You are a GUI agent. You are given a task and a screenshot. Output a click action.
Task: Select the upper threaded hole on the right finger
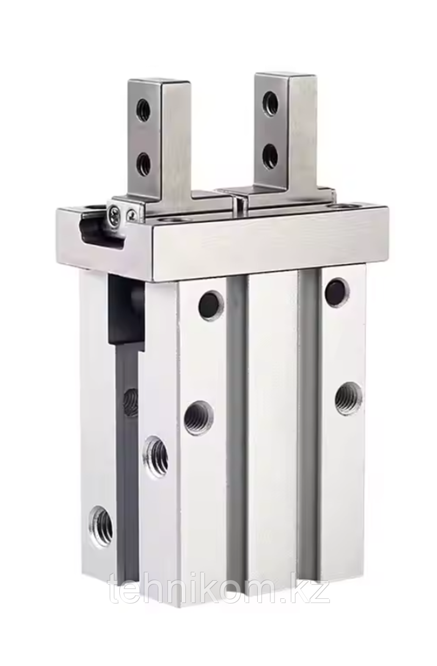270,100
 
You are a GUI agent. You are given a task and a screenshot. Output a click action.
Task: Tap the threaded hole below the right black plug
348,398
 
